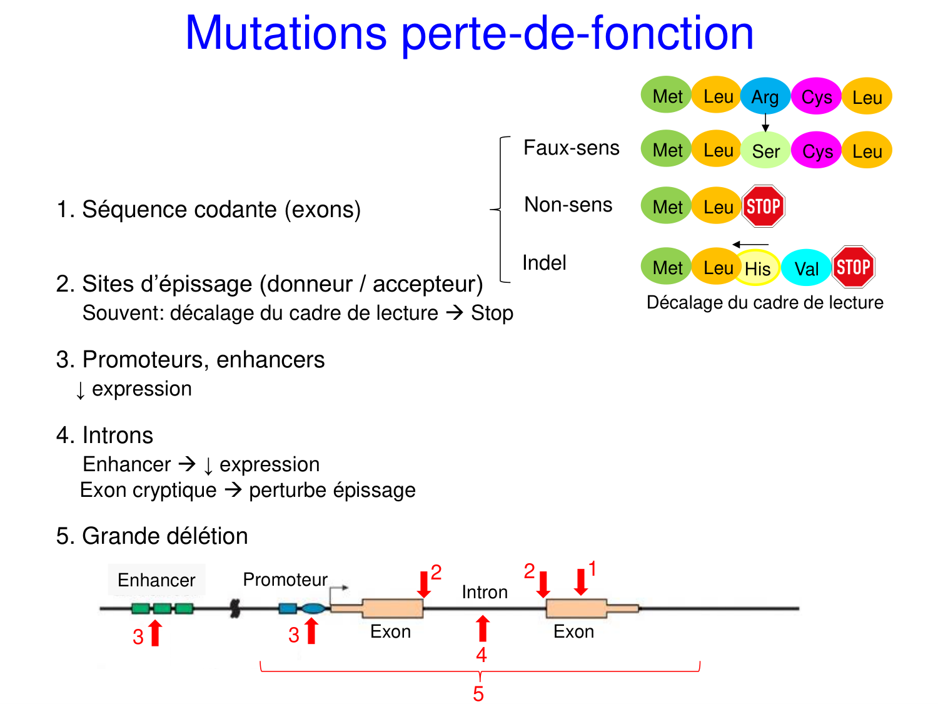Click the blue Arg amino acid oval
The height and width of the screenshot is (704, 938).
(765, 96)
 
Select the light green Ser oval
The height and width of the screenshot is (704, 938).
(765, 151)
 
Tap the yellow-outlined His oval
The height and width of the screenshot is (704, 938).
(758, 268)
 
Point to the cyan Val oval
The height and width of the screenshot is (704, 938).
(806, 268)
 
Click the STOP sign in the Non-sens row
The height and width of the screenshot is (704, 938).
(763, 206)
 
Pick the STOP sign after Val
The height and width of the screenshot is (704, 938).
(853, 267)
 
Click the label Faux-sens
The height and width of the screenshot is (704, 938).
(571, 148)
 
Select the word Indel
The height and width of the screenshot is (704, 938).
(544, 263)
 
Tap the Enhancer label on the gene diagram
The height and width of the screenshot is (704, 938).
(156, 580)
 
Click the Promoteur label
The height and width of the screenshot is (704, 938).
(285, 579)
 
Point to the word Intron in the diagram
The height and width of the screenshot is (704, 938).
(485, 592)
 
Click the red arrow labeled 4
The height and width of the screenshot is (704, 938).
(482, 629)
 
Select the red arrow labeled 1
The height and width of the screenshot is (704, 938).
(581, 581)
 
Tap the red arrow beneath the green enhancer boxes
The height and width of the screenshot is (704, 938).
(155, 633)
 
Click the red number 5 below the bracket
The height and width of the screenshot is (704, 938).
(478, 694)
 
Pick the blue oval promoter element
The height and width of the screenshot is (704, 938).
(313, 608)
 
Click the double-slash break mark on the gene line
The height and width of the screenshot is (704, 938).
(235, 608)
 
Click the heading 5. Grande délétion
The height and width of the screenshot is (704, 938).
(152, 536)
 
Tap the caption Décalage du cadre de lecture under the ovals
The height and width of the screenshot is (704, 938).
(765, 302)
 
